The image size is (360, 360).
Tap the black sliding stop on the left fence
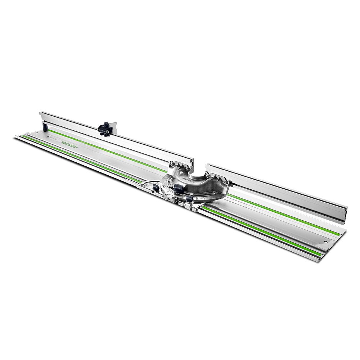(105, 127)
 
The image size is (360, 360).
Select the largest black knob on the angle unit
(179, 188)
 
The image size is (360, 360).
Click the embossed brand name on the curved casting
(187, 177)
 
